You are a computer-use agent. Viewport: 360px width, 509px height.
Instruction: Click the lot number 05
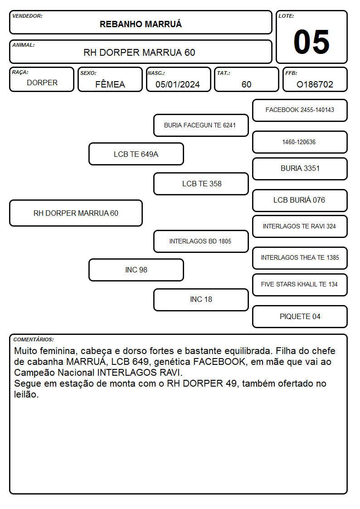click(311, 42)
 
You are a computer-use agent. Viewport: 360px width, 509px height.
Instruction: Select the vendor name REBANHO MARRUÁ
click(141, 24)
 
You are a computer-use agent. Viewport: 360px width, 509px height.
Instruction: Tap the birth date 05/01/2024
click(178, 84)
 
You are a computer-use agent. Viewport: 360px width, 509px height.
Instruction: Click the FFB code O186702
click(315, 84)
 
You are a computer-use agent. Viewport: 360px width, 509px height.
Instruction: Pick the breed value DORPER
click(42, 83)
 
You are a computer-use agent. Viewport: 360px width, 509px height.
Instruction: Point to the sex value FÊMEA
click(110, 84)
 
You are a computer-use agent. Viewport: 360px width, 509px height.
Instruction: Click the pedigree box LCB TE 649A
click(136, 154)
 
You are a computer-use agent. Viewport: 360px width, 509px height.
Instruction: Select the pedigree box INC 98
click(136, 270)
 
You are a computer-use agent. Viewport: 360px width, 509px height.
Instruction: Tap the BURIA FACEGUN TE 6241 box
click(201, 125)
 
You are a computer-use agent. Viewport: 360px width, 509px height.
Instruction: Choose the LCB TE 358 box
click(201, 184)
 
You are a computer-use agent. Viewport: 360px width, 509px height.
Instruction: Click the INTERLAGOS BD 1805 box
click(201, 241)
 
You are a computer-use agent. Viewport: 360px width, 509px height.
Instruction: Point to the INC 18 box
click(201, 300)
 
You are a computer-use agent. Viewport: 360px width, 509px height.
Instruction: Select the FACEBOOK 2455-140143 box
click(300, 111)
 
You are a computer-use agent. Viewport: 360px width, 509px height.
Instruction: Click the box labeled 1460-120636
click(300, 142)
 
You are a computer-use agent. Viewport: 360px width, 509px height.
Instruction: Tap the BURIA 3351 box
click(300, 169)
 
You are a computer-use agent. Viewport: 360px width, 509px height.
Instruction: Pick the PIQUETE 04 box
click(300, 316)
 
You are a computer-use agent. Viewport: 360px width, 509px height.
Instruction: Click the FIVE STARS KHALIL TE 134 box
click(300, 285)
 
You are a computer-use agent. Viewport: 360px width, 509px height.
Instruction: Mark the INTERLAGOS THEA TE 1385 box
click(300, 258)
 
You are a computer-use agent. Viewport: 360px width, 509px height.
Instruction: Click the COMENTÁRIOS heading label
click(34, 339)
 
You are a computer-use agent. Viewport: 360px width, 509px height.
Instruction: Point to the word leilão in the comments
click(26, 394)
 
